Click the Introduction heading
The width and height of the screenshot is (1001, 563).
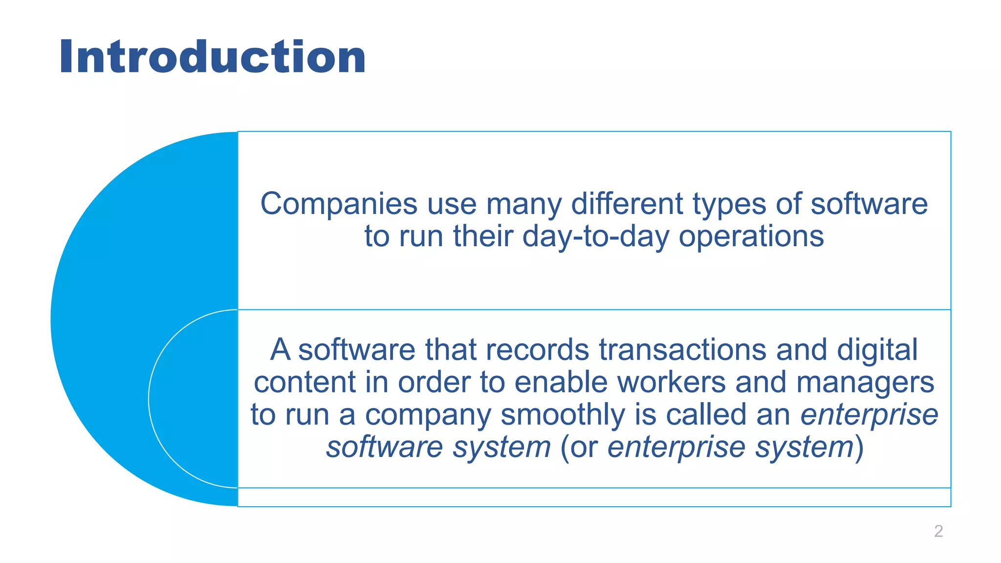[212, 57]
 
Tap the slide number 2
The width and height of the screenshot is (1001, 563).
[938, 531]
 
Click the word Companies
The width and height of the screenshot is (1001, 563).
[338, 204]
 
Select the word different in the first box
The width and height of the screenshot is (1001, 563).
[627, 204]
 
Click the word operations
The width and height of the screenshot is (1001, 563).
[751, 237]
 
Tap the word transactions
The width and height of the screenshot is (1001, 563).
[682, 350]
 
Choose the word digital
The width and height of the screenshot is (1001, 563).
[877, 350]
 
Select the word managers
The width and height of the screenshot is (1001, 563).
[865, 382]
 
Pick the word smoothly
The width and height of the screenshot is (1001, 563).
[563, 414]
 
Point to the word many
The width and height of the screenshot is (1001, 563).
[523, 204]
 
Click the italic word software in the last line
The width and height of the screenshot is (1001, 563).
[384, 447]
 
